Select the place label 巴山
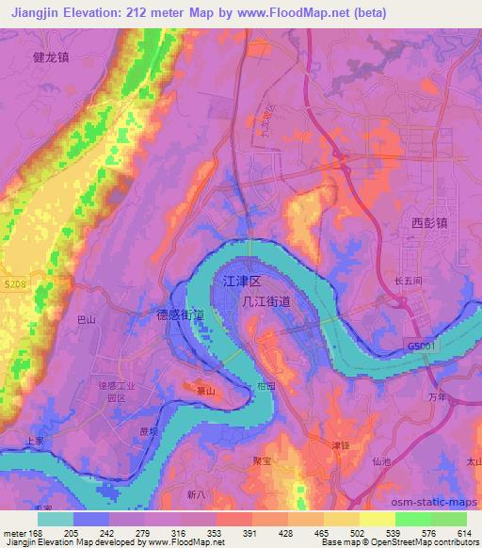(x=86, y=321)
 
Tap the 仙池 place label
(x=381, y=461)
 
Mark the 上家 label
(x=35, y=440)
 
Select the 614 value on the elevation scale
(x=462, y=533)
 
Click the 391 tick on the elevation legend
(x=250, y=533)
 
